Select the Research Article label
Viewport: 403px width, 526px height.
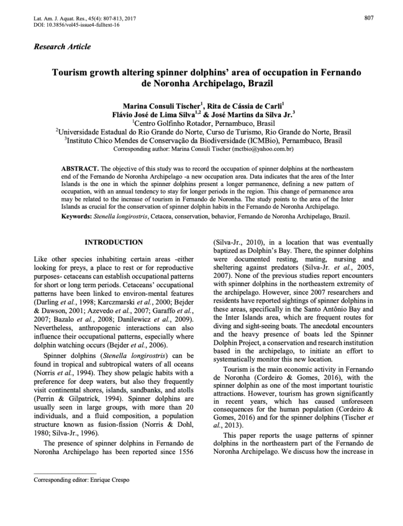(x=62, y=47)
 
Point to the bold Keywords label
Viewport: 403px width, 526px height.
(x=77, y=217)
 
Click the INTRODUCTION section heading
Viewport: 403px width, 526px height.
(x=114, y=242)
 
